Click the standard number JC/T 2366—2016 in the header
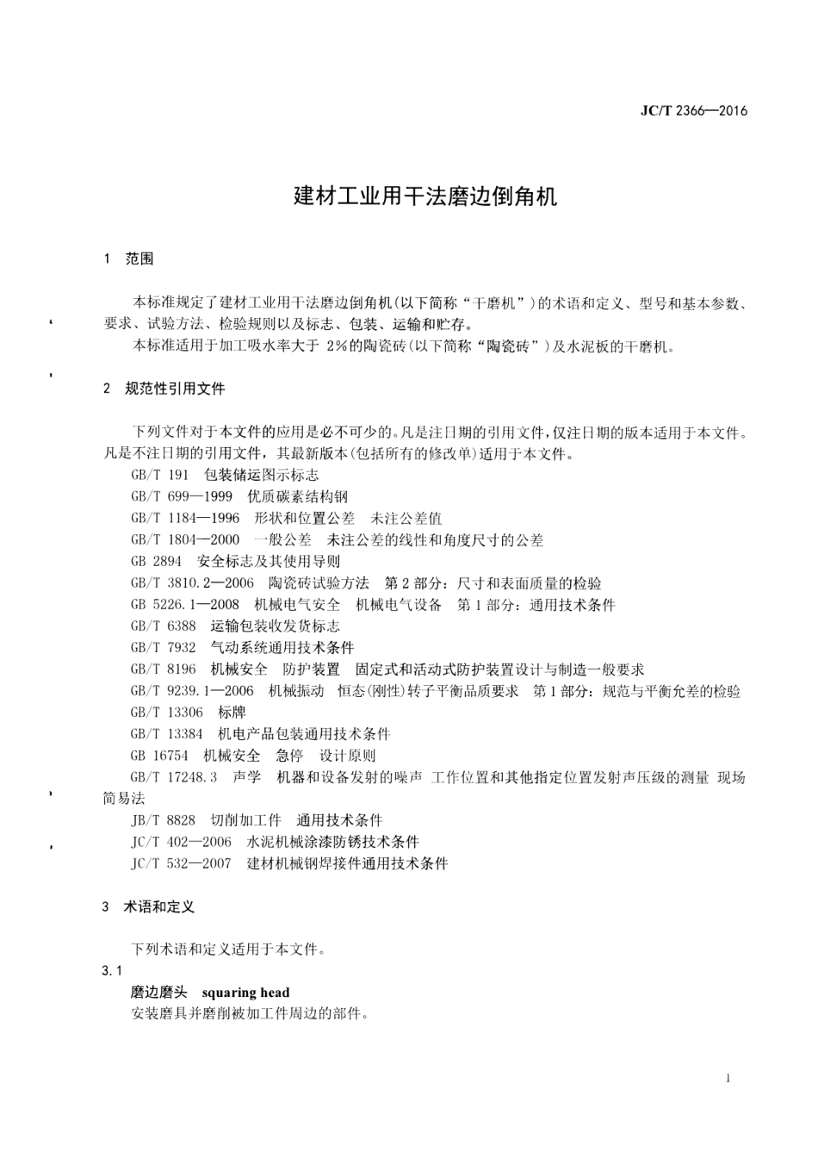[694, 110]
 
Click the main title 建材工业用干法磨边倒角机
[425, 196]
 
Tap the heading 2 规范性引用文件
[164, 389]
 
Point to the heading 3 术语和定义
[148, 906]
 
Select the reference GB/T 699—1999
[181, 497]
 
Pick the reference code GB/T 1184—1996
[185, 519]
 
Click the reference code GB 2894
[156, 562]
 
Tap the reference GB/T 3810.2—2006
[192, 583]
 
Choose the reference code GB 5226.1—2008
[185, 605]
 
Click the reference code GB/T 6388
[163, 626]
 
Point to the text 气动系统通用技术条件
[282, 648]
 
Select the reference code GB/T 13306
[167, 713]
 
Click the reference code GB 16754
[159, 756]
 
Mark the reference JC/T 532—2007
[181, 863]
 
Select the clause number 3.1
[112, 971]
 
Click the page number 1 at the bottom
[728, 1078]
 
